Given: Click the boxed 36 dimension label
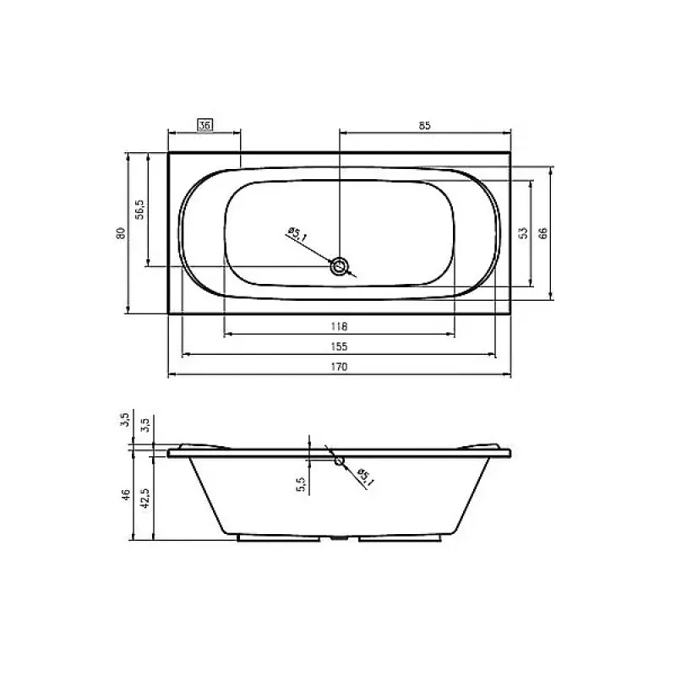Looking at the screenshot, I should pyautogui.click(x=204, y=125).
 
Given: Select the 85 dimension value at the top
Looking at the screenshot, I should pyautogui.click(x=425, y=125).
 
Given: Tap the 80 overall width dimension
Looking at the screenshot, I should pyautogui.click(x=121, y=232).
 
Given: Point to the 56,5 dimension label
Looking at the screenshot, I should pyautogui.click(x=141, y=209).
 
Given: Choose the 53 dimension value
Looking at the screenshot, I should pyautogui.click(x=524, y=232).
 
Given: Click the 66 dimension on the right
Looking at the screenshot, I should pyautogui.click(x=544, y=232).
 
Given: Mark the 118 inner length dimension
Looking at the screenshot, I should pyautogui.click(x=339, y=326).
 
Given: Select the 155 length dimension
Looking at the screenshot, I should pyautogui.click(x=339, y=346).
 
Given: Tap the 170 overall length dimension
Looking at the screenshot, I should pyautogui.click(x=339, y=367).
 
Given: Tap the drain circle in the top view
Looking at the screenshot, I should pyautogui.click(x=340, y=267).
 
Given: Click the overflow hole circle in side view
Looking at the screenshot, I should pyautogui.click(x=339, y=461).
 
